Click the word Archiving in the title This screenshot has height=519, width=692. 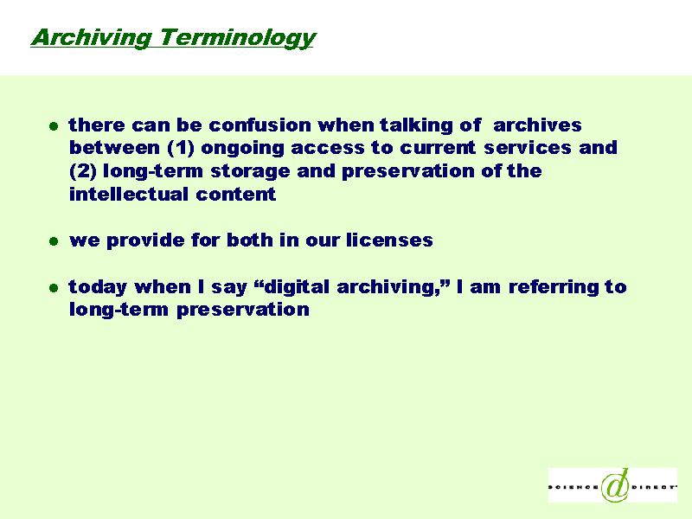(91, 37)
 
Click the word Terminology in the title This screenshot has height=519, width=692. (238, 38)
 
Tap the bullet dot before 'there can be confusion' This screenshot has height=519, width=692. (54, 126)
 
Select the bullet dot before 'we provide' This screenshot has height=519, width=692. (54, 241)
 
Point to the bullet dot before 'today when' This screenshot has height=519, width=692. (54, 288)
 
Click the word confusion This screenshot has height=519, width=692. (260, 125)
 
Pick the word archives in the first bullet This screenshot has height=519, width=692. (537, 125)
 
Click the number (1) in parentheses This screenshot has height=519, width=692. (181, 148)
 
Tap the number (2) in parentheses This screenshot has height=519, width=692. (83, 171)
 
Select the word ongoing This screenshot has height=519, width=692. (242, 149)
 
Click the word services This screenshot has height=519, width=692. (528, 148)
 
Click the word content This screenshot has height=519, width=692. (235, 194)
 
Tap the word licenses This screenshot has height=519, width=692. (389, 240)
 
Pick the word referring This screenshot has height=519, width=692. (554, 287)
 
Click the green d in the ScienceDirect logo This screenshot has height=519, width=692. (616, 484)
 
